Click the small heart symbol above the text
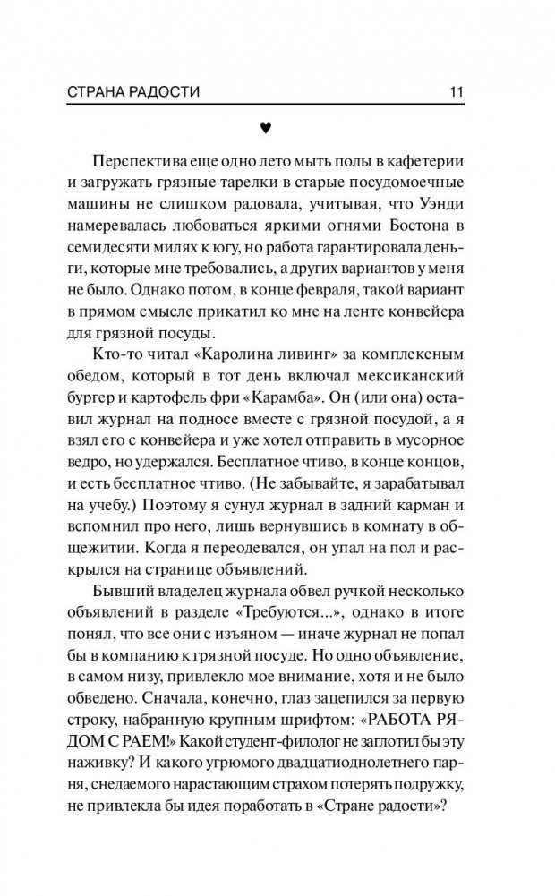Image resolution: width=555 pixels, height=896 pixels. click(x=264, y=128)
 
